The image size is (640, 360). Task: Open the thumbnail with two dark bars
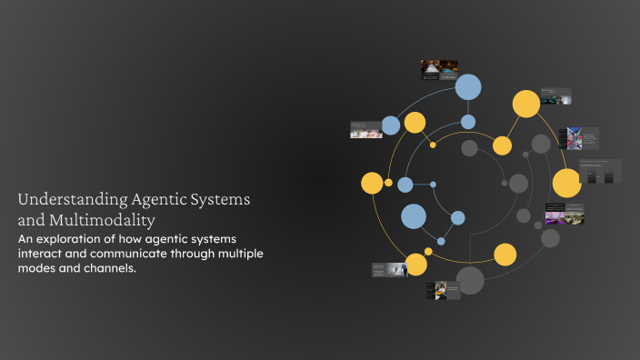tap(601, 172)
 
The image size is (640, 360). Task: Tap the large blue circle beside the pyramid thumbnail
tap(467, 86)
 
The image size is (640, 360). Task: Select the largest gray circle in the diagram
tap(470, 280)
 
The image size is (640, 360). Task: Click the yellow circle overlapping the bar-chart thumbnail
tap(566, 183)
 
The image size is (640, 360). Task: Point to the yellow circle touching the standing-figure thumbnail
tap(415, 265)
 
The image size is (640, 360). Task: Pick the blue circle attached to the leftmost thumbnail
tap(391, 125)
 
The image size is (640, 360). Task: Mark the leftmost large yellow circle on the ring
tap(372, 183)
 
